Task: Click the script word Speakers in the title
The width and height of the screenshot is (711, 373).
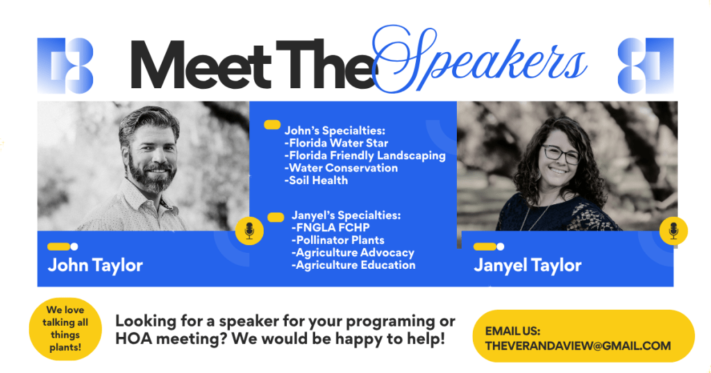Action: (480, 60)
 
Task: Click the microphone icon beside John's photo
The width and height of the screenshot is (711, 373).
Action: (249, 231)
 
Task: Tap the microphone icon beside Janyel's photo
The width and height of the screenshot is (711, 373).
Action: (674, 231)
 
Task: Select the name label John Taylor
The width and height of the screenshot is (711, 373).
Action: (95, 265)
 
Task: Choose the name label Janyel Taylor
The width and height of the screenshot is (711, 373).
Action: (528, 265)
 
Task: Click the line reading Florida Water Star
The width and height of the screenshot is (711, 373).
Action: (337, 143)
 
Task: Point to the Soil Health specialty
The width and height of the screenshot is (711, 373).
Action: (317, 180)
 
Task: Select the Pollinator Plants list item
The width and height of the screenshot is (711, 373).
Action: (338, 240)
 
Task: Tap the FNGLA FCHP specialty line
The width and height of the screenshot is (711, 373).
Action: (331, 227)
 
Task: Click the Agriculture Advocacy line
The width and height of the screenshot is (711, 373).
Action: (353, 253)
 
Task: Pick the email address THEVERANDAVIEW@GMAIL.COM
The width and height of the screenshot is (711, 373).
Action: (578, 346)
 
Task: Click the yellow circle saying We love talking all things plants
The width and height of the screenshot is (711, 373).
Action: (65, 329)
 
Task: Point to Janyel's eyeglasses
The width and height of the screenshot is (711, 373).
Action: (561, 154)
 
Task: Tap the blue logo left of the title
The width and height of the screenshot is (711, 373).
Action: (65, 65)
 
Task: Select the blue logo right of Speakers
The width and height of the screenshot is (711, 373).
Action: (646, 65)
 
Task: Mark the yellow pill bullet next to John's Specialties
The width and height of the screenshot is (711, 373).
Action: (272, 125)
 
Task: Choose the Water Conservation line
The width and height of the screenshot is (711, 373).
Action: (341, 168)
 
